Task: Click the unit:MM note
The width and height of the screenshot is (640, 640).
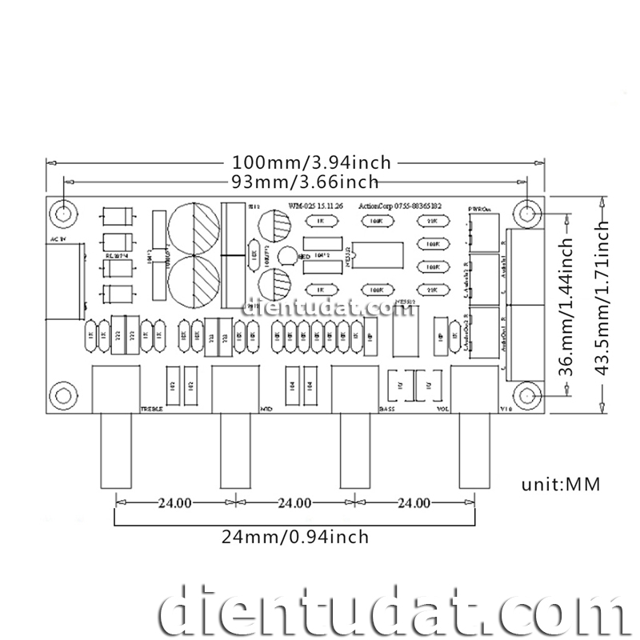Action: [560, 484]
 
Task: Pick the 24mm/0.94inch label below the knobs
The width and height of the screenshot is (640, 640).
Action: [295, 536]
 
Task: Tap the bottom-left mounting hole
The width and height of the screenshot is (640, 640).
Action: [63, 395]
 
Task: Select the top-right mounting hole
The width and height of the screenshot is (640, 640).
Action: [527, 213]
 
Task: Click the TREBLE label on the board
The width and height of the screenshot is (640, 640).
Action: [152, 409]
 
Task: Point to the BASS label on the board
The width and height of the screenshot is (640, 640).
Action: [386, 409]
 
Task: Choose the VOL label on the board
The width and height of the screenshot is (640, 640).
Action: [442, 409]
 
